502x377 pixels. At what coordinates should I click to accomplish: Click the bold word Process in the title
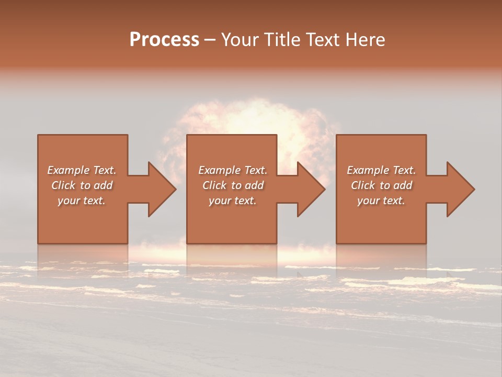(x=164, y=40)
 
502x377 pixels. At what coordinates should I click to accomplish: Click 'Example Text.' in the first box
(x=82, y=170)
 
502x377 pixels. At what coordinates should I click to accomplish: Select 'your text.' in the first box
(x=82, y=201)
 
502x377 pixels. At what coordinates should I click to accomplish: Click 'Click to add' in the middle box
(x=233, y=185)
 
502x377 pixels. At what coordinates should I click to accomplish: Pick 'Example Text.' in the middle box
(x=233, y=170)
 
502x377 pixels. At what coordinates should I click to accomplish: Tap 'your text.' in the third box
(x=381, y=201)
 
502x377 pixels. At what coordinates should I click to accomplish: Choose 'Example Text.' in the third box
(x=381, y=170)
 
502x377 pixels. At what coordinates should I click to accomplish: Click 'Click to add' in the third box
(x=381, y=185)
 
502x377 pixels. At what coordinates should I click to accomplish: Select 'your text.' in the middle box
(x=233, y=201)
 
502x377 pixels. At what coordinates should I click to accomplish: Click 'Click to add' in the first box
(x=82, y=185)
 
